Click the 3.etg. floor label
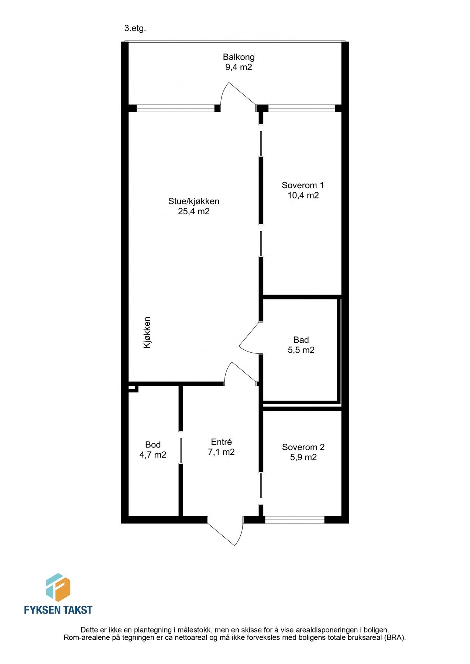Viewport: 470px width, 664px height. (x=135, y=29)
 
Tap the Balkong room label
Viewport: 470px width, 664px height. (x=239, y=57)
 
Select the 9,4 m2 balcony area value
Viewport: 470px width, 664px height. (x=239, y=67)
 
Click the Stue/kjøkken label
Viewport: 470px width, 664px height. (x=194, y=201)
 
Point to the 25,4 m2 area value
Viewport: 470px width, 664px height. (x=194, y=211)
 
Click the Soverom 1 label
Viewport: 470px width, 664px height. (x=303, y=185)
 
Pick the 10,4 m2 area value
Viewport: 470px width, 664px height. (x=303, y=195)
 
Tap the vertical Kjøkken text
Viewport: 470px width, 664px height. (x=147, y=332)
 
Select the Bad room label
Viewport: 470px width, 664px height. (x=301, y=340)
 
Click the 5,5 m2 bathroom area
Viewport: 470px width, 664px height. (x=301, y=350)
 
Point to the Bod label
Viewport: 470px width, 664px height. (x=153, y=445)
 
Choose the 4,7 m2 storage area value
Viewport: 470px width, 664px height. (x=153, y=455)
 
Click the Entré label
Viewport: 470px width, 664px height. (x=221, y=442)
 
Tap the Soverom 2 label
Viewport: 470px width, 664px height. (x=303, y=447)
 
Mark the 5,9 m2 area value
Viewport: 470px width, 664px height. (x=303, y=457)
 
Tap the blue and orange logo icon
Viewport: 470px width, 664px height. (x=58, y=587)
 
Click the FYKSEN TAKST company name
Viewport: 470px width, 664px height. (x=58, y=610)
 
